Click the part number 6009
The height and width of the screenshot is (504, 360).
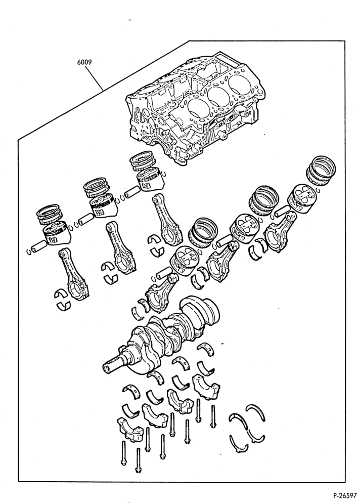click(84, 62)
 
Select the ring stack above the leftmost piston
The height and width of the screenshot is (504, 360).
click(51, 214)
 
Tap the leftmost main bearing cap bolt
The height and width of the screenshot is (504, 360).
click(123, 453)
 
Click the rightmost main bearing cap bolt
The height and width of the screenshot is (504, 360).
click(212, 416)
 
